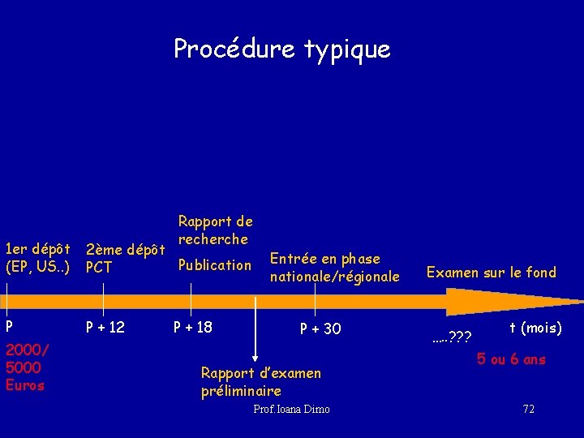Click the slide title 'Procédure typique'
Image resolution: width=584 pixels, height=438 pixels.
click(282, 49)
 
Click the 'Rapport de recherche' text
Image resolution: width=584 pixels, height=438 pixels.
click(215, 230)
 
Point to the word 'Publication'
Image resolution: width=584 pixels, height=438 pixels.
click(215, 265)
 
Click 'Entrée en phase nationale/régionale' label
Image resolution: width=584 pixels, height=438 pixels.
click(335, 268)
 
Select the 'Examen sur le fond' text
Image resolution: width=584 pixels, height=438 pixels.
click(492, 273)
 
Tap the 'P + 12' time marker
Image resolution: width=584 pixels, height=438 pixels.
click(105, 328)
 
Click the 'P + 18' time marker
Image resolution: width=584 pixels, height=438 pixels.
click(193, 328)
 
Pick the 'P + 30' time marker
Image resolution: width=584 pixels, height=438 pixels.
click(320, 328)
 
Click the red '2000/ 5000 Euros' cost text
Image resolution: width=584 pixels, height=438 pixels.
click(27, 367)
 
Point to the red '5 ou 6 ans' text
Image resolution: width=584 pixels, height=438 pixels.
click(511, 359)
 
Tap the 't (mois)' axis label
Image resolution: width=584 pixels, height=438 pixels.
click(535, 328)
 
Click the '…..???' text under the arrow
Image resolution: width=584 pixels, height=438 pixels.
click(452, 335)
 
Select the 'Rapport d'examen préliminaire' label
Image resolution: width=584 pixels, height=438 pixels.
click(260, 382)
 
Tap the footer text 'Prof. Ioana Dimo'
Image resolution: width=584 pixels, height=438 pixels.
click(291, 410)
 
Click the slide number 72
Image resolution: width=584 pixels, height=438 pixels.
click(528, 410)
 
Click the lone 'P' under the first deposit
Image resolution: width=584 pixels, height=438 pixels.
click(9, 328)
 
